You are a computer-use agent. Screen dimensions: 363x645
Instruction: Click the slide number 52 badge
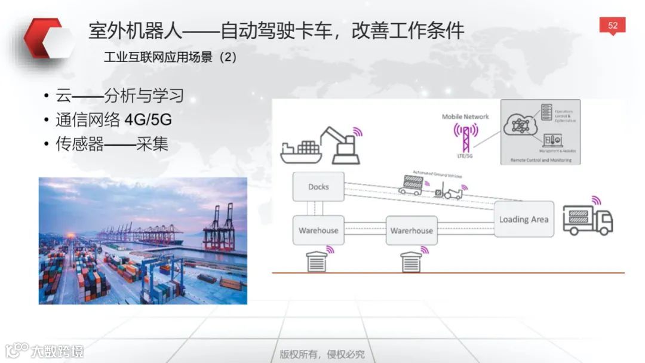click(x=612, y=26)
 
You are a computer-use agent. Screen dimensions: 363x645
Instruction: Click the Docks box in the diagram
click(x=318, y=187)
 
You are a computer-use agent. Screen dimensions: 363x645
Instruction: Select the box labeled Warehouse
click(x=318, y=230)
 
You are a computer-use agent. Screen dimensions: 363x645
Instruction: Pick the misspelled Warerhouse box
click(x=411, y=230)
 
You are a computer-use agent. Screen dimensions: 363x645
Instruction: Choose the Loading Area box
click(x=524, y=219)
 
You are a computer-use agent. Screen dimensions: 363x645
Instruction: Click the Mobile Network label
click(x=465, y=116)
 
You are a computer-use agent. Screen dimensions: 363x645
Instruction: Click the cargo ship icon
click(x=302, y=152)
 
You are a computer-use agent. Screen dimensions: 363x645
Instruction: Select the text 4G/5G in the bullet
click(x=148, y=120)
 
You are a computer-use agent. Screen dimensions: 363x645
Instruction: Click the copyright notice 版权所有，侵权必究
click(x=322, y=354)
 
